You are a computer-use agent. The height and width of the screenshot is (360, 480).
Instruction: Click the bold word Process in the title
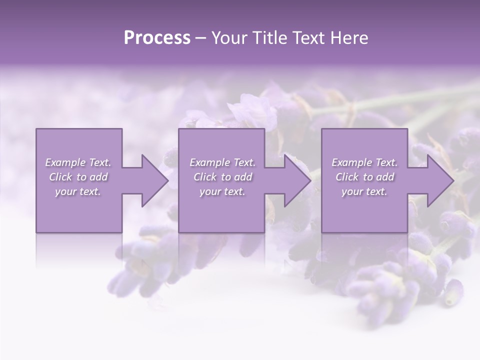tap(157, 38)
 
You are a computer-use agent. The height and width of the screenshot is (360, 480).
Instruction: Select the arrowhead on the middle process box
tap(296, 180)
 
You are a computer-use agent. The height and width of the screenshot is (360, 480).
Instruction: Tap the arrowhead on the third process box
tap(439, 180)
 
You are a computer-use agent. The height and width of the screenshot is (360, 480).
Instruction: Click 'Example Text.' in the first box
tap(78, 162)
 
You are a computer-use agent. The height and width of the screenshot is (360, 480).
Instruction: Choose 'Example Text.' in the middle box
tap(222, 162)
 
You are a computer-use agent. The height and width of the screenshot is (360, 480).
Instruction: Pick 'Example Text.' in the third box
tap(364, 162)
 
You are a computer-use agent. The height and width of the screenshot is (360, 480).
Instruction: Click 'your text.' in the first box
tap(78, 191)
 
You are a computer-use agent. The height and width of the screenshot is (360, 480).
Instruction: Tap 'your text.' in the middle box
tap(222, 191)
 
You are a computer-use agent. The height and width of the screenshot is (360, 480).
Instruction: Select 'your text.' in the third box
tap(364, 191)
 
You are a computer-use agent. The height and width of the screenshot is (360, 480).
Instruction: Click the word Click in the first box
tap(60, 177)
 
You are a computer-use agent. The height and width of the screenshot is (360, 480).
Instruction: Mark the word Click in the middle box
tap(205, 177)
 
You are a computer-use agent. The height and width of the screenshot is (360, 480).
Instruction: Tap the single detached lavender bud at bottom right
tap(453, 292)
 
